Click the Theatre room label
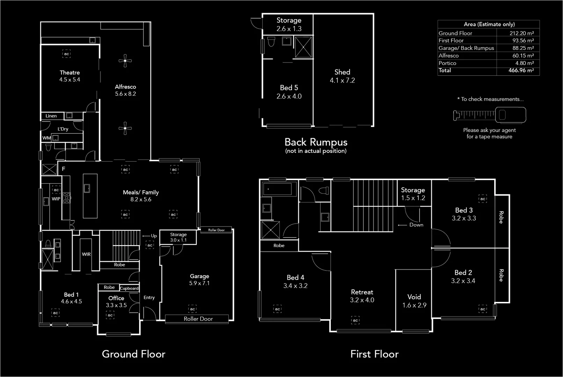point(70,73)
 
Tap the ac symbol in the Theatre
point(66,54)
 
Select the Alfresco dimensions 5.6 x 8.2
point(125,94)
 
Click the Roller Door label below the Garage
point(198,319)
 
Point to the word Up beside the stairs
point(154,236)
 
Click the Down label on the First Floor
point(416,225)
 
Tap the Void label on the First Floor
point(414,297)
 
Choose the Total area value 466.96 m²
point(521,71)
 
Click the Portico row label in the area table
point(447,63)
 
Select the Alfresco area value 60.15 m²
point(523,56)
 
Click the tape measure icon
point(490,114)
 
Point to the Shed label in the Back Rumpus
point(342,72)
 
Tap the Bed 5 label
point(289,88)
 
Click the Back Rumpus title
point(316,142)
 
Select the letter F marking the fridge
point(64,169)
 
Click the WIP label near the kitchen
point(56,199)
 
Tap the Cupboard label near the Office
point(129,288)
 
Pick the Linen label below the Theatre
point(51,116)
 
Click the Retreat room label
point(362,292)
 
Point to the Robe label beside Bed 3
point(501,217)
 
